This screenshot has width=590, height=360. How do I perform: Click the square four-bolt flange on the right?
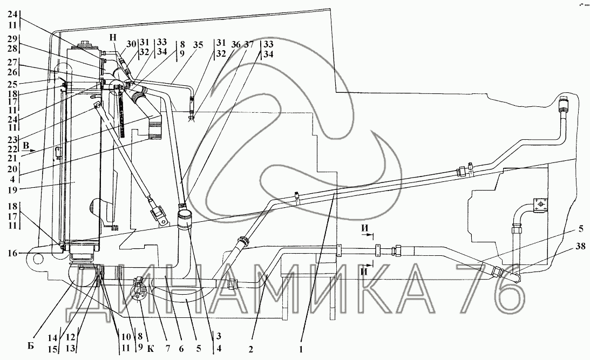tap(540, 206)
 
